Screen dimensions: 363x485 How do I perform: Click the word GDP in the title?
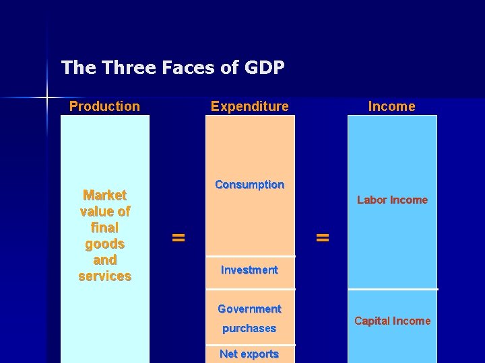263,68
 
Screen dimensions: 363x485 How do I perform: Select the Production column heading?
104,106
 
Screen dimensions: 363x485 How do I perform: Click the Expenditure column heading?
249,106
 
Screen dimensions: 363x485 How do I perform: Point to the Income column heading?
391,106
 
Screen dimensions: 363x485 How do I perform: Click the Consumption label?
249,185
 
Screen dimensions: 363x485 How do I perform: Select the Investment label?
249,270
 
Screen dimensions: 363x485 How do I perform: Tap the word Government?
249,309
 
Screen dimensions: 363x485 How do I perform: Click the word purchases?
249,329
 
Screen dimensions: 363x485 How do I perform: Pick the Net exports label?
249,354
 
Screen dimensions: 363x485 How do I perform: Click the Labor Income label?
392,200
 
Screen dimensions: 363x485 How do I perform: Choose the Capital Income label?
392,321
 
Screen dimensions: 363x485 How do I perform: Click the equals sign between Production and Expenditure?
178,237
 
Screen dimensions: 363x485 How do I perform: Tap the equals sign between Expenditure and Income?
323,237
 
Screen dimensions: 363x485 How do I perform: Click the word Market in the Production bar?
104,196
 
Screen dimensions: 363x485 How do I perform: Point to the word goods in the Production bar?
104,244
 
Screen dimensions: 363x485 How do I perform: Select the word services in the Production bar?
104,276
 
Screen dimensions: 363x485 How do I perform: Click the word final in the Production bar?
104,228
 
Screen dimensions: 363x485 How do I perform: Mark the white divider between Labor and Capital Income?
392,289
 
